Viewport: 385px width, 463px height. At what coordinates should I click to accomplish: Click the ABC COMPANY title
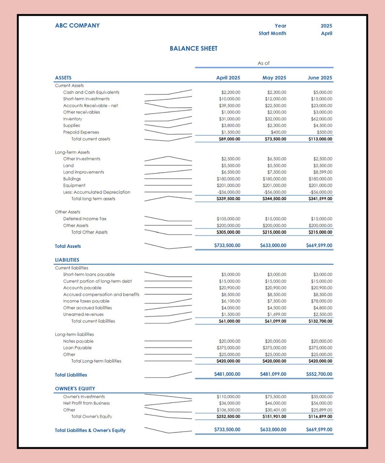pyautogui.click(x=77, y=26)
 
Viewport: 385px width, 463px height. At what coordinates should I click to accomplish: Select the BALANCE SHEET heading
pyautogui.click(x=193, y=48)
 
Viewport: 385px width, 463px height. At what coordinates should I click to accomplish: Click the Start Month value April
pyautogui.click(x=326, y=33)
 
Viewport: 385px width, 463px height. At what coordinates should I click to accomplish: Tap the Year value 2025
pyautogui.click(x=326, y=26)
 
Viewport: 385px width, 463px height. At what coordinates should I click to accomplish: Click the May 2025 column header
pyautogui.click(x=274, y=78)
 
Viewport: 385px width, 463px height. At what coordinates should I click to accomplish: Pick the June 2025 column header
pyautogui.click(x=320, y=78)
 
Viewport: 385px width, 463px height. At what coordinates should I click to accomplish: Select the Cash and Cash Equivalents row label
pyautogui.click(x=91, y=92)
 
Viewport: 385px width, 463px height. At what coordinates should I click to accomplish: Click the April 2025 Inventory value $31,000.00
pyautogui.click(x=230, y=119)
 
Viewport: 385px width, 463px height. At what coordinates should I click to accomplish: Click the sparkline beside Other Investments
pyautogui.click(x=168, y=159)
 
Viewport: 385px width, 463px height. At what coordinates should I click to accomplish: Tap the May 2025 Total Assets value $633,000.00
pyautogui.click(x=273, y=245)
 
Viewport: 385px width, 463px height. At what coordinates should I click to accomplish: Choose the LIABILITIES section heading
pyautogui.click(x=67, y=260)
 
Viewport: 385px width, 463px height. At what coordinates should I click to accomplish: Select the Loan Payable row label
pyautogui.click(x=77, y=348)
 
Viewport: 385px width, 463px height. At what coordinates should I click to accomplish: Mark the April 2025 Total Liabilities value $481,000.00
pyautogui.click(x=227, y=374)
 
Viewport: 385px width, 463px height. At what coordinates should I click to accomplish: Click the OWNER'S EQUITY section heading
pyautogui.click(x=75, y=388)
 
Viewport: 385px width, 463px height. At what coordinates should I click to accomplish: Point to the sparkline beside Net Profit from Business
pyautogui.click(x=168, y=403)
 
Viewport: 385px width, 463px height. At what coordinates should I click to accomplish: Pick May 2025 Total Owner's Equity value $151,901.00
pyautogui.click(x=273, y=416)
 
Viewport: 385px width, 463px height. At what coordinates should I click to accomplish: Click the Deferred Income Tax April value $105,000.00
pyautogui.click(x=228, y=219)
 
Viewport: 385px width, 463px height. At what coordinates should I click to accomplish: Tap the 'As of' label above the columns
pyautogui.click(x=263, y=63)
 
